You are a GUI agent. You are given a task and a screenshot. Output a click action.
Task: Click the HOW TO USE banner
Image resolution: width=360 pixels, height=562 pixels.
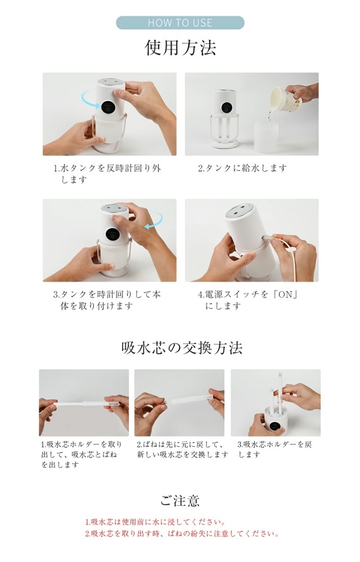[180, 22]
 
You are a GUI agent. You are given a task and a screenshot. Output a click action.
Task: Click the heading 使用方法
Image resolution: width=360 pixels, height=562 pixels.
[181, 48]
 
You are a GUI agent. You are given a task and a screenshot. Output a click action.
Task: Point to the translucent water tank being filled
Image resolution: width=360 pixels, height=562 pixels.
[266, 137]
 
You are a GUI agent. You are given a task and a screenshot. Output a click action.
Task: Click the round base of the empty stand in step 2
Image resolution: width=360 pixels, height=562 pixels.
[224, 144]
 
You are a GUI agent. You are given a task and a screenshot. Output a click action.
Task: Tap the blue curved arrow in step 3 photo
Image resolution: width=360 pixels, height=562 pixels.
[155, 219]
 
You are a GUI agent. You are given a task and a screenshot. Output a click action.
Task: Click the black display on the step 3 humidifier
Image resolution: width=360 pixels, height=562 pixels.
[112, 234]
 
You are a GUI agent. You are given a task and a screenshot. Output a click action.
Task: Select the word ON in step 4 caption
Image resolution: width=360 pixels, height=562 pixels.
[286, 294]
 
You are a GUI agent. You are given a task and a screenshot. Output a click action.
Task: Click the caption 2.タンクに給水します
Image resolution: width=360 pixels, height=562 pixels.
[242, 167]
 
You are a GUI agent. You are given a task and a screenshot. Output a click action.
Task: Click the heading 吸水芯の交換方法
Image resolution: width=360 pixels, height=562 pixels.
[182, 348]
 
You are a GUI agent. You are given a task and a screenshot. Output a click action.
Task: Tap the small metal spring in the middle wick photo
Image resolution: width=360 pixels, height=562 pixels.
[165, 403]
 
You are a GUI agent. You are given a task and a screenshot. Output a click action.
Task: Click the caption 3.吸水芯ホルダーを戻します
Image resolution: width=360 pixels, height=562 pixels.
[274, 450]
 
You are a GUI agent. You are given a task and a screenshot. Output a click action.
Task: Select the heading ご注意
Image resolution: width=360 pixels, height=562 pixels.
[180, 500]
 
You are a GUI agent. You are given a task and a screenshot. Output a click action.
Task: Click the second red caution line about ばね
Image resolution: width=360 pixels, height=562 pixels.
[182, 534]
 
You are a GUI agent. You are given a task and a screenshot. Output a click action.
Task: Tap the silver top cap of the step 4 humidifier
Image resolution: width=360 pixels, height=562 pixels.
[240, 210]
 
